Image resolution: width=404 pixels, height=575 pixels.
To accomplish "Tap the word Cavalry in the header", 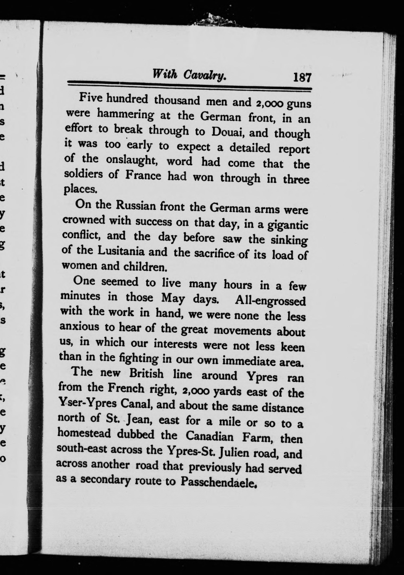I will (205, 75).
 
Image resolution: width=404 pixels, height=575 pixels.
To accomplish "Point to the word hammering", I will (125, 115).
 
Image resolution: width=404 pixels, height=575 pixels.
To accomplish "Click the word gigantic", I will (288, 225).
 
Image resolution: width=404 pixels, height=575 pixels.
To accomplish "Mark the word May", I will (173, 298).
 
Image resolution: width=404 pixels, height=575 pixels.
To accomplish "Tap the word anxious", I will (79, 327).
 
